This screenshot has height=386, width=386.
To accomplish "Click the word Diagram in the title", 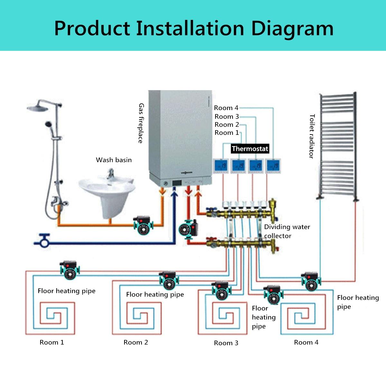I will (292, 28).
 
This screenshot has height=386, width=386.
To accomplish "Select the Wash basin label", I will (114, 160).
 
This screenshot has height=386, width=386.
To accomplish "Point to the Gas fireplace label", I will (141, 123).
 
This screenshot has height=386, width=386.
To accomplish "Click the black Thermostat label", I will (250, 149).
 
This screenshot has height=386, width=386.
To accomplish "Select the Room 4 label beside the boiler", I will (226, 108).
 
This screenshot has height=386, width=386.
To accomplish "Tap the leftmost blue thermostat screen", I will (221, 166).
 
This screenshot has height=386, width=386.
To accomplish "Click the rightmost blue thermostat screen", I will (273, 166).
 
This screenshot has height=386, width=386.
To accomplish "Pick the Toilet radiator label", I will (311, 136).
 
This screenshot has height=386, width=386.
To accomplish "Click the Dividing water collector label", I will (287, 231).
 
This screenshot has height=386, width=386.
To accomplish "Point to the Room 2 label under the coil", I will (136, 342).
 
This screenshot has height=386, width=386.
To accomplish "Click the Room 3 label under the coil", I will (226, 343).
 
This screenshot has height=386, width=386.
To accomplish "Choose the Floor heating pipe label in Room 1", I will (67, 291).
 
